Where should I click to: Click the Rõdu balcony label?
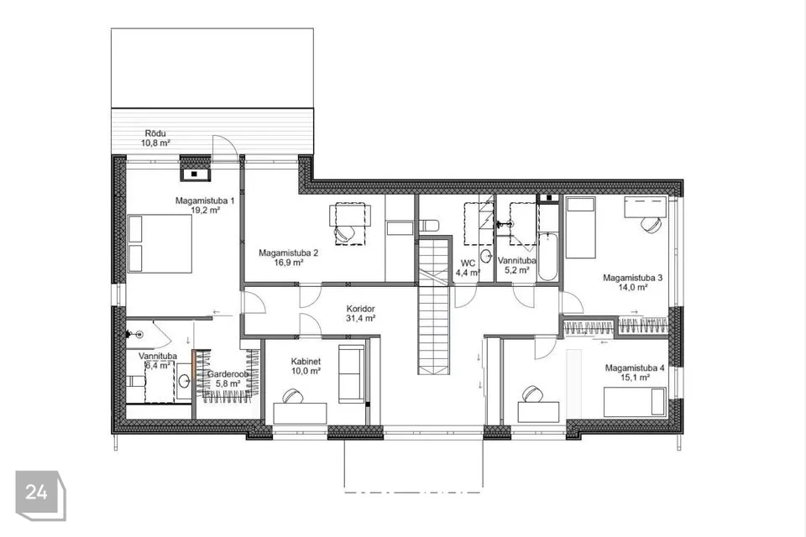156,134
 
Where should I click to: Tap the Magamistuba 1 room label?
205,201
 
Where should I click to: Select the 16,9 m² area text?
288,262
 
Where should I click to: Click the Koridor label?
360,309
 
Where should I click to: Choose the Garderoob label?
228,374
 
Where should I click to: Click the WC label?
468,263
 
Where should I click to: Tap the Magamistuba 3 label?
632,278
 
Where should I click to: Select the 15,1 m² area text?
636,378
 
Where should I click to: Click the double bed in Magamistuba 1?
160,243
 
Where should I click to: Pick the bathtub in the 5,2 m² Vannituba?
547,257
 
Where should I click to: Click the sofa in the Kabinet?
352,373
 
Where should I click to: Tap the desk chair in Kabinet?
292,396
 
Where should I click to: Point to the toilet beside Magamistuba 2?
430,226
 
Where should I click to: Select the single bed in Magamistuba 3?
581,227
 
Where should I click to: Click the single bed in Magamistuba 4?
636,402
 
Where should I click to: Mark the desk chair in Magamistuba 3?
651,225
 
